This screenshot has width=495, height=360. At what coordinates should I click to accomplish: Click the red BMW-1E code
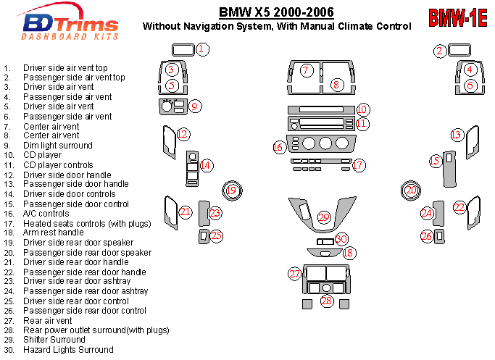[x=457, y=18]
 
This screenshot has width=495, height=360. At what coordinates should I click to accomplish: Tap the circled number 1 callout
[x=203, y=49]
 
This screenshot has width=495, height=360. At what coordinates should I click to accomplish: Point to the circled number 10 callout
[x=363, y=110]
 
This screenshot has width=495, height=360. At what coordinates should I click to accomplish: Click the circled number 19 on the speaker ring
[x=231, y=191]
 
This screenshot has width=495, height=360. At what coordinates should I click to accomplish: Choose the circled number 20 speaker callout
[x=411, y=190]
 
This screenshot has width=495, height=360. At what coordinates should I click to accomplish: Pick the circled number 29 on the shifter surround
[x=324, y=217]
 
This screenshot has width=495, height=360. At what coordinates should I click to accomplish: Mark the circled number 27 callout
[x=294, y=274]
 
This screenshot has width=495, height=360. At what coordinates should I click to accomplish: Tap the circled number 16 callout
[x=278, y=147]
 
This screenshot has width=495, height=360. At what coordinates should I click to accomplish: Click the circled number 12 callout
[x=183, y=134]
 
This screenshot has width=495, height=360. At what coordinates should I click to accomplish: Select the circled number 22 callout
[x=459, y=207]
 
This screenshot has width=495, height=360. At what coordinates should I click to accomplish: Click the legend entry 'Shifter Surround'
[x=54, y=340]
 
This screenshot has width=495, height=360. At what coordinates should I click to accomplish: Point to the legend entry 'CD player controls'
[x=58, y=165]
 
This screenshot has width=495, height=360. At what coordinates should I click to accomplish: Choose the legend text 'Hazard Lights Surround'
[x=68, y=350]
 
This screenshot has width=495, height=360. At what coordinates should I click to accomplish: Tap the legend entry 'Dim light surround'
[x=57, y=146]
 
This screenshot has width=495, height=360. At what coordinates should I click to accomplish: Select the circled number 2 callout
[x=439, y=51]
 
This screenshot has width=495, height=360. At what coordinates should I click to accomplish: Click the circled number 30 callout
[x=342, y=238]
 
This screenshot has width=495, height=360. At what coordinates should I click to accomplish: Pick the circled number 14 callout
[x=207, y=165]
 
